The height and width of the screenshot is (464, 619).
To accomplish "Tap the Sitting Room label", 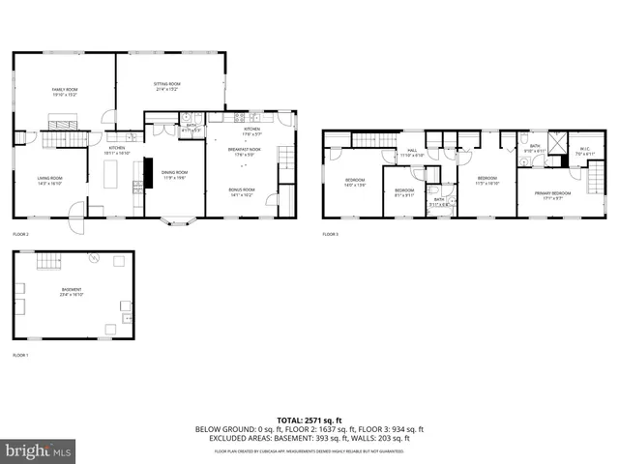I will pyautogui.click(x=167, y=86).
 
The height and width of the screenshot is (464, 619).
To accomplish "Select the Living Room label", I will pyautogui.click(x=49, y=180).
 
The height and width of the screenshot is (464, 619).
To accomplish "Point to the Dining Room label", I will pyautogui.click(x=174, y=174).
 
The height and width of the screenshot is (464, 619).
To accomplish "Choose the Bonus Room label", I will pyautogui.click(x=242, y=191).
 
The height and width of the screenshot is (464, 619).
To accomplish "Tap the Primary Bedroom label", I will pyautogui.click(x=555, y=194).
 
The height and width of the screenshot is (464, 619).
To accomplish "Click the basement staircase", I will pyautogui.click(x=46, y=263).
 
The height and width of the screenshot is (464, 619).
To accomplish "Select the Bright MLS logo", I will pyautogui.click(x=39, y=450).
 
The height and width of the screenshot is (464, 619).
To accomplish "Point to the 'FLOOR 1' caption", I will pyautogui.click(x=20, y=356).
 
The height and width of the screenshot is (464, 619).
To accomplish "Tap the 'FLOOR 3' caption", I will pyautogui.click(x=331, y=235).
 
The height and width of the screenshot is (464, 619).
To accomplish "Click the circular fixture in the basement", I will pyautogui.click(x=94, y=258).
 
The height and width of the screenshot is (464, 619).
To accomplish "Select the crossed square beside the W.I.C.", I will pyautogui.click(x=555, y=144).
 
